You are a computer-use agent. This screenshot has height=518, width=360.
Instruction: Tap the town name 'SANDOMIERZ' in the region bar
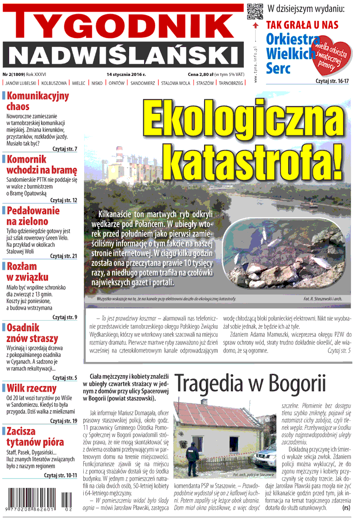tap(143, 83)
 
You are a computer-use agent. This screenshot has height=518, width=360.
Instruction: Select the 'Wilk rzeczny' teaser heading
tap(31, 388)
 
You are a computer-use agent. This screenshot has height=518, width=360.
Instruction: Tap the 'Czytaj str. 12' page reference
tap(63, 200)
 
